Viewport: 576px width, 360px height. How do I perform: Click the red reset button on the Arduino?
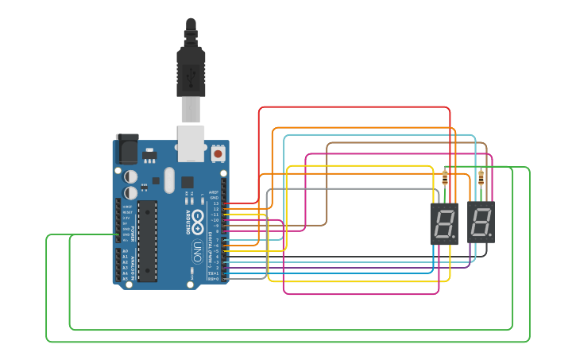click(218, 153)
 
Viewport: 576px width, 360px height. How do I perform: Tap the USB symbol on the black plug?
click(191, 77)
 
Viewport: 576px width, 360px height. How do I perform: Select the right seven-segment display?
click(481, 223)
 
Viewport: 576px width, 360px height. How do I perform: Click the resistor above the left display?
click(444, 178)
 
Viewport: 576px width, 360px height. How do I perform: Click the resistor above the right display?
click(481, 178)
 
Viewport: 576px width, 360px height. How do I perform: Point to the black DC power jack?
click(127, 149)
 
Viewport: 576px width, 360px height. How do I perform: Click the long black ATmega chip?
click(147, 241)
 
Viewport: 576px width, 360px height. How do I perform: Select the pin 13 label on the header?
click(215, 204)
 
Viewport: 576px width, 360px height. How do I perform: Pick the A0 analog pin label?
click(125, 251)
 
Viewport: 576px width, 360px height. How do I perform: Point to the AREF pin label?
click(214, 192)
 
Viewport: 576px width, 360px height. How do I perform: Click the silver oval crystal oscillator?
click(168, 180)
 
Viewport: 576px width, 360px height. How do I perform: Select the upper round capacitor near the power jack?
click(130, 176)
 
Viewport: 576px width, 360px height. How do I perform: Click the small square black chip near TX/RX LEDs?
click(187, 181)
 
